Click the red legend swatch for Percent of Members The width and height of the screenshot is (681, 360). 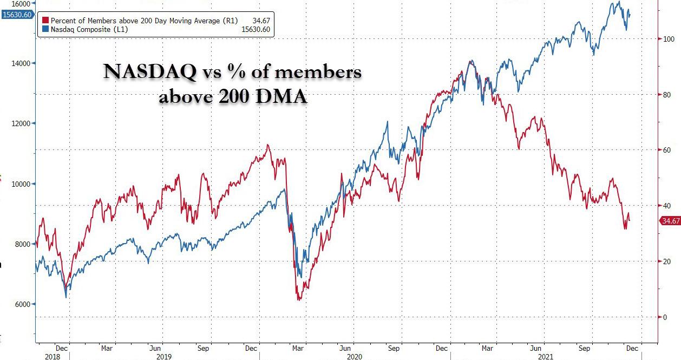pos(45,21)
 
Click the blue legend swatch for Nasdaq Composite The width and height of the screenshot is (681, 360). pos(45,29)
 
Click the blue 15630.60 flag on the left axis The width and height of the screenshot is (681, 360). pos(17,15)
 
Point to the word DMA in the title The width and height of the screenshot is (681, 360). pos(284,97)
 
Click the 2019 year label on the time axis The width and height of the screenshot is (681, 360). pos(164,357)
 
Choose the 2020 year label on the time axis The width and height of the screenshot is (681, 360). pos(354,357)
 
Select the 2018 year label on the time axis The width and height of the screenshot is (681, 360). pos(45,357)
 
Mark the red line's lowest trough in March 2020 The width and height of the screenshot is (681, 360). pos(298,299)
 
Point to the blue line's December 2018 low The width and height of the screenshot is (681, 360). pos(66,297)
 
